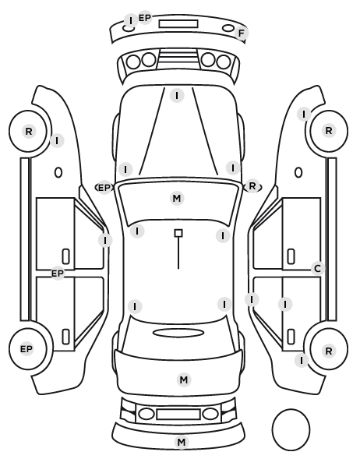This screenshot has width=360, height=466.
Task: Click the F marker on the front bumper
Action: pos(241,33)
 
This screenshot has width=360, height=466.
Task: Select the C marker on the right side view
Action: pos(317,269)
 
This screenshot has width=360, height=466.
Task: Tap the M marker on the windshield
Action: pos(177,198)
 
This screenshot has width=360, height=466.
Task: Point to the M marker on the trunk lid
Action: pos(184,380)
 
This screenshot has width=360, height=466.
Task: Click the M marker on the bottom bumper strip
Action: pos(182,442)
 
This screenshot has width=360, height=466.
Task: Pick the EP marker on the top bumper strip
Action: pos(145,18)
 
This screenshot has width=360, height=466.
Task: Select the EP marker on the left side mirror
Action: pos(104,188)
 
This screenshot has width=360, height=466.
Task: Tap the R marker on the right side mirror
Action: pos(252,186)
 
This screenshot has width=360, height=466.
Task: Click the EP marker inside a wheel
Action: pos(26,349)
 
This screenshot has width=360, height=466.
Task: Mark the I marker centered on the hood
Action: pos(177,96)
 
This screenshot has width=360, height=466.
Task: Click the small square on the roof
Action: pos(178,233)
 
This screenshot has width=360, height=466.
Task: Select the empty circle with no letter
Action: pos(291,429)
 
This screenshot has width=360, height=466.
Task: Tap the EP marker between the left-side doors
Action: pos(58,274)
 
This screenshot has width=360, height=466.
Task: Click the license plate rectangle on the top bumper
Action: pos(178,24)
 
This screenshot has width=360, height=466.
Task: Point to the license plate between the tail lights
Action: pos(178,415)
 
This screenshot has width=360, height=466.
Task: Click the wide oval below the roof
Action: pos(178,333)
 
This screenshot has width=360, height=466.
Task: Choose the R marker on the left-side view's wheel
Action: pos(29,132)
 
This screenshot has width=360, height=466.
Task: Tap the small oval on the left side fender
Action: pos(58,172)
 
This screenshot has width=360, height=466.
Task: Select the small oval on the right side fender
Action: pos(298,172)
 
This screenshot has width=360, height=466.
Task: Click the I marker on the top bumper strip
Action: pos(130,20)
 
